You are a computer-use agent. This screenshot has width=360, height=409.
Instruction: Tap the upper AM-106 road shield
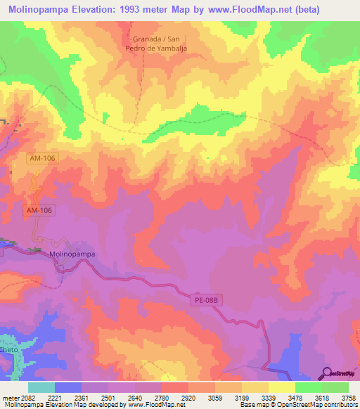click(43, 159)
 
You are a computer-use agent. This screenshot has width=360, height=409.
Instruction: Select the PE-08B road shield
click(205, 300)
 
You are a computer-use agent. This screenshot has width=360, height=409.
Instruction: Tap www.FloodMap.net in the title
click(237, 10)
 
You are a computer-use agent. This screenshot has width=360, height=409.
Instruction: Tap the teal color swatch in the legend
click(41, 387)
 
